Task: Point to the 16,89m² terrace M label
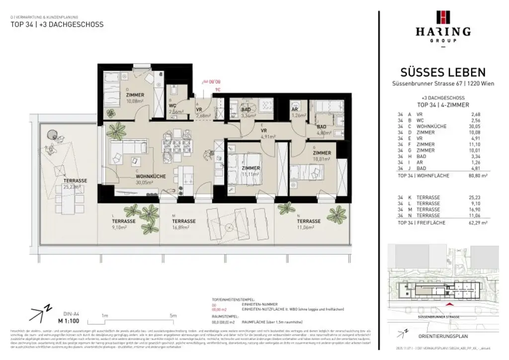183,224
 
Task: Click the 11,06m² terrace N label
309,224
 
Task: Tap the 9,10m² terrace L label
120,224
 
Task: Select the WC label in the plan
172,106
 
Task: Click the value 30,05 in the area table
476,126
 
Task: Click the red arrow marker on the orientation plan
450,304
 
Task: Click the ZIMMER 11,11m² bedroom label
251,172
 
